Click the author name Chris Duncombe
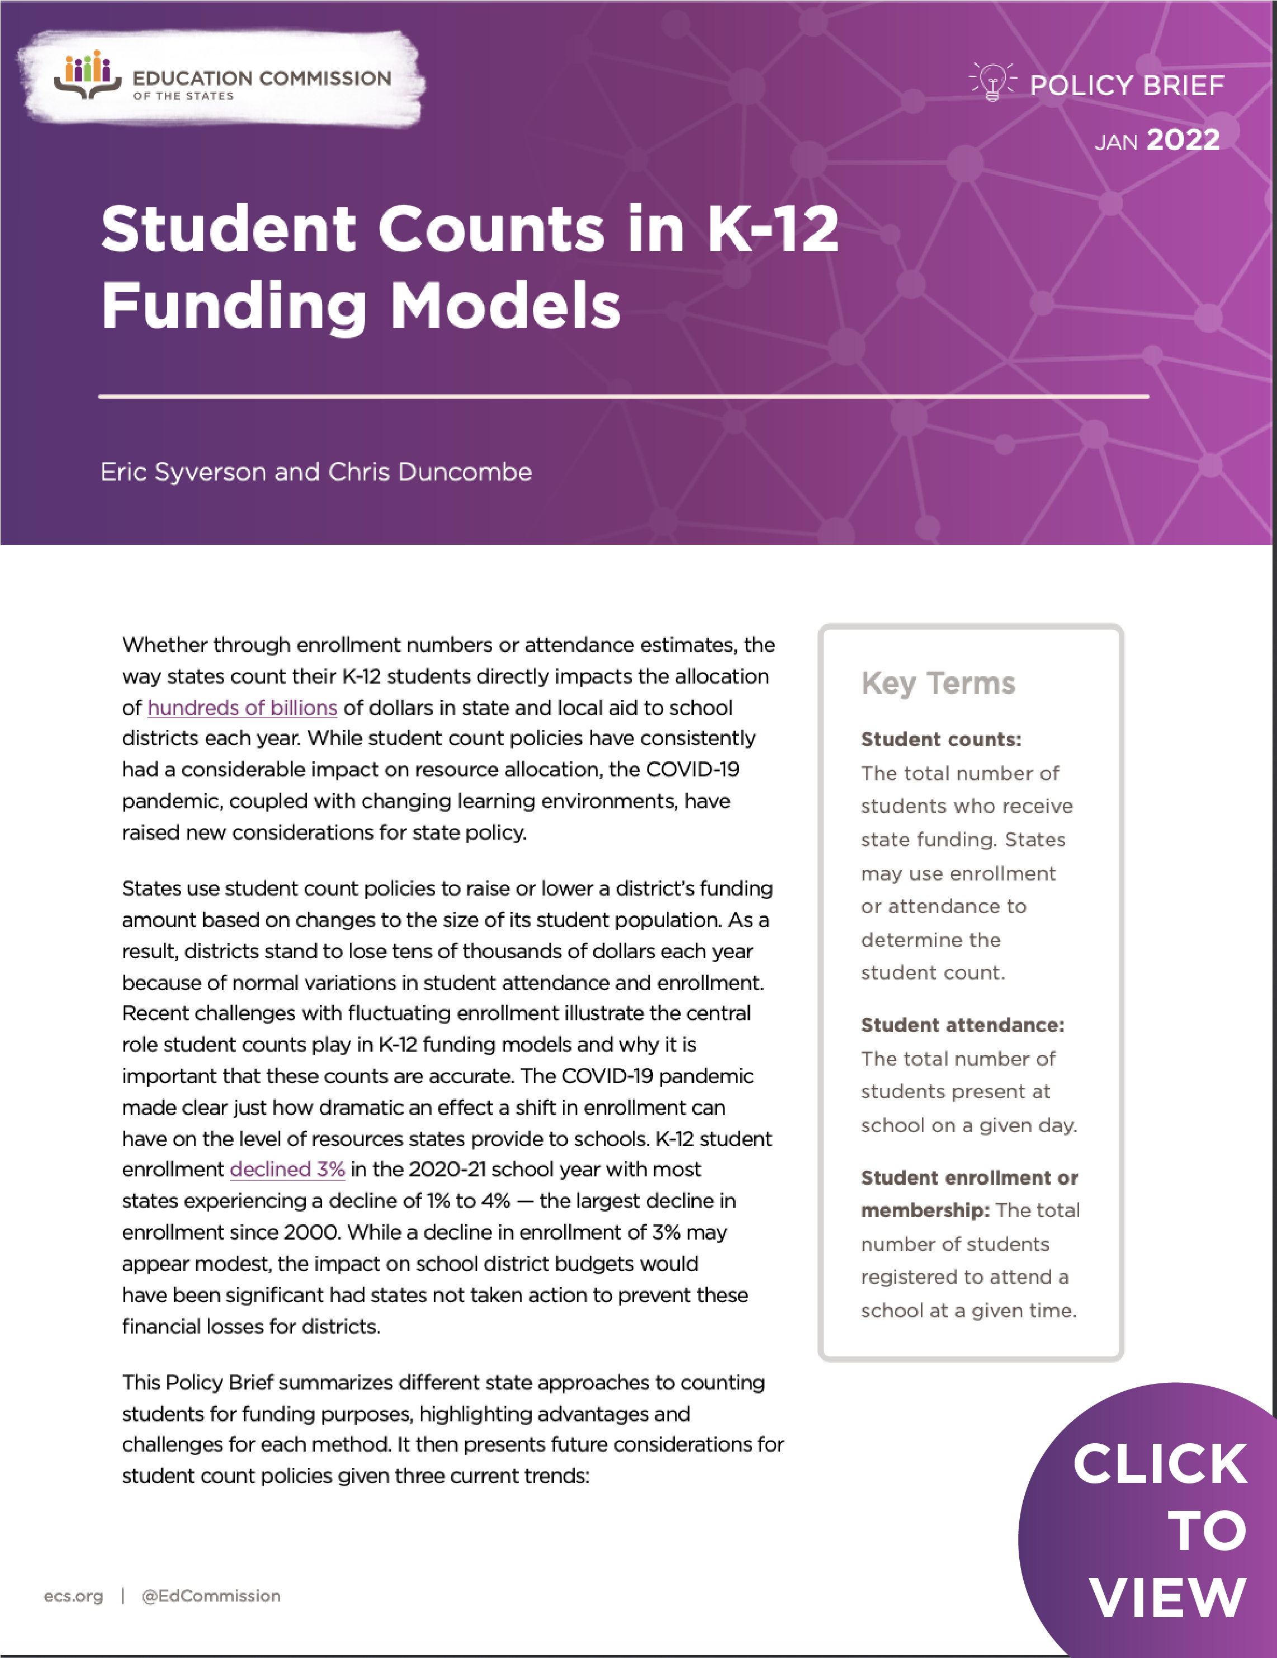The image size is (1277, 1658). [x=430, y=472]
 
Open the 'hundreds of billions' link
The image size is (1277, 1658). [x=242, y=708]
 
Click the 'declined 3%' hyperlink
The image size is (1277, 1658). [x=287, y=1169]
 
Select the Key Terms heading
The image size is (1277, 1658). [x=938, y=683]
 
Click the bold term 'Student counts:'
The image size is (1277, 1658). [x=941, y=739]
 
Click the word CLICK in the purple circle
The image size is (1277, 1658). [x=1160, y=1464]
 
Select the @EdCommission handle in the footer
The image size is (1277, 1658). [x=211, y=1596]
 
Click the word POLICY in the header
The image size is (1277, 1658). [x=1081, y=86]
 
